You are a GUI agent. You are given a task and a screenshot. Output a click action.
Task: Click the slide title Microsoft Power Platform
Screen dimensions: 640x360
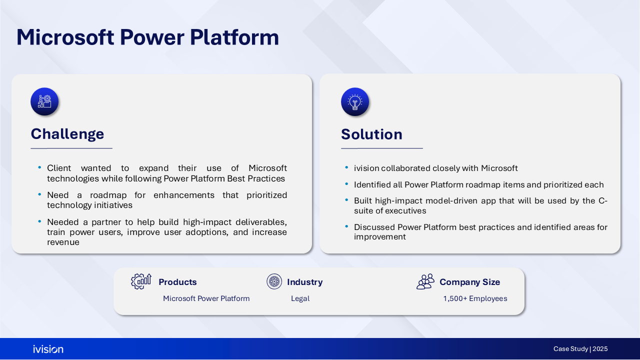[x=147, y=37]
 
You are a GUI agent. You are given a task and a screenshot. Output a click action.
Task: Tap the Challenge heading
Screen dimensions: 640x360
[x=67, y=134]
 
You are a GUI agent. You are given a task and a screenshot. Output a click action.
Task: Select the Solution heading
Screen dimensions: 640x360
[x=371, y=134]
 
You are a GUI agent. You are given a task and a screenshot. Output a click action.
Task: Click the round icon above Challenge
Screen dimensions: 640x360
[x=44, y=101]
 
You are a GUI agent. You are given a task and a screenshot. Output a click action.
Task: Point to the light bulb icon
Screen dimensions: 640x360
[x=355, y=101]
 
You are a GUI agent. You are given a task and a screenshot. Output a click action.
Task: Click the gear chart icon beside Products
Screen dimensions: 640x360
[x=141, y=281]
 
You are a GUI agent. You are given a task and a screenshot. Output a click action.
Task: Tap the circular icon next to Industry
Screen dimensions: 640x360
[x=274, y=281]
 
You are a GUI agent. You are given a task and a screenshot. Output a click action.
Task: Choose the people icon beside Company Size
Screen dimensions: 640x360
[x=425, y=281]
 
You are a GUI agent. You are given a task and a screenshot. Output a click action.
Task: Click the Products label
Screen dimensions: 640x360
[x=177, y=282]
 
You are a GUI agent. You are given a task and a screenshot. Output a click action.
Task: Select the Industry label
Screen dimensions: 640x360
[x=305, y=282]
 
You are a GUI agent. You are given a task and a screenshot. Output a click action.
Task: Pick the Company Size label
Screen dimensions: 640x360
[x=469, y=282]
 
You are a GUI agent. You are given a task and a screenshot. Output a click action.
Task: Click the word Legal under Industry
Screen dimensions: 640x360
[x=300, y=298]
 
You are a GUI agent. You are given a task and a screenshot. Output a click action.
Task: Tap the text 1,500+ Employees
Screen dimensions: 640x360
[x=475, y=298]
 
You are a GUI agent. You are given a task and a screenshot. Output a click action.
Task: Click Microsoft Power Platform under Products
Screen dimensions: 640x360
[x=206, y=298]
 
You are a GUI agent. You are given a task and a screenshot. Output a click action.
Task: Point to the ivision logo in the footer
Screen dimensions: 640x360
[x=48, y=349]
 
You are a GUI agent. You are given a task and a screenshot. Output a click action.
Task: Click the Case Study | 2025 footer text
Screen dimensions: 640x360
[x=580, y=349]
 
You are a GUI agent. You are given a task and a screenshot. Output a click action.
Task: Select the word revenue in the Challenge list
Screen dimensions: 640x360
[x=63, y=242]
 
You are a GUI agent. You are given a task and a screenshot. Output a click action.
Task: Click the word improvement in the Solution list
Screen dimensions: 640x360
[x=379, y=237]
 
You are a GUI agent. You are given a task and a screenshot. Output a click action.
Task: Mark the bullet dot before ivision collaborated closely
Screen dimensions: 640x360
[x=346, y=167]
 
